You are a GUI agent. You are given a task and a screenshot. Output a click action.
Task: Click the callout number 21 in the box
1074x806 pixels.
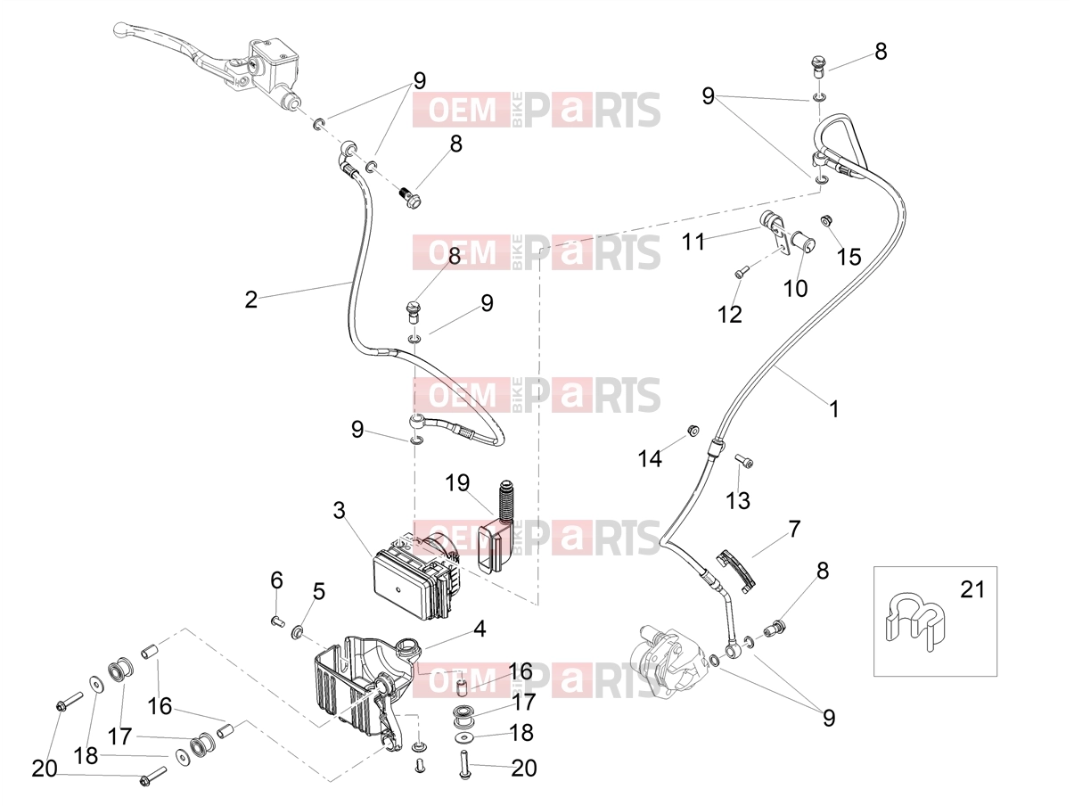(972, 589)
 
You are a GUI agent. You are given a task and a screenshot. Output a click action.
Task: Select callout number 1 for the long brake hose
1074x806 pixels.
(834, 409)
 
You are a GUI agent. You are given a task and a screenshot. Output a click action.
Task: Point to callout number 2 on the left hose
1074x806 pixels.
(250, 300)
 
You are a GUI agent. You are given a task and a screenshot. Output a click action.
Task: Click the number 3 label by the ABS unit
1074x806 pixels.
(339, 511)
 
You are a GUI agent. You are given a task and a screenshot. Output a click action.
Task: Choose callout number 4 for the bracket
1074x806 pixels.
(480, 629)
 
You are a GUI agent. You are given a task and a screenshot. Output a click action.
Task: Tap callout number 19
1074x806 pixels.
(457, 483)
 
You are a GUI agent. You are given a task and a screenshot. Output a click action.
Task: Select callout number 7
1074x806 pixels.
(794, 529)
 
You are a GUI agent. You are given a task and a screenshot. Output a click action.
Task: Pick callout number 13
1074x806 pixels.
(738, 501)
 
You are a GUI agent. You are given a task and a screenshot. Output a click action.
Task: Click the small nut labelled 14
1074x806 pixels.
(693, 432)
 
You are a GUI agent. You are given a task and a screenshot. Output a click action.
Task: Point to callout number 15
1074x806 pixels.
(849, 257)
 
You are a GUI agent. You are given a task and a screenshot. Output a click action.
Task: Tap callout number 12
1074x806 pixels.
(730, 315)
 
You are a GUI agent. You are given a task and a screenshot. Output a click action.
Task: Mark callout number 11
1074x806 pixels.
(693, 242)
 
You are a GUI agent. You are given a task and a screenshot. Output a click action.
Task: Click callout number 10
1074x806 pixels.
(796, 289)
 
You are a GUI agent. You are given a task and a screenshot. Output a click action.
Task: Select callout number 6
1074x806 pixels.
(276, 580)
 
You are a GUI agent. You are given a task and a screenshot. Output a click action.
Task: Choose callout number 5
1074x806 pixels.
(318, 592)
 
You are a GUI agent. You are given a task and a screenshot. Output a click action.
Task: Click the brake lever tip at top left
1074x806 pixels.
(118, 29)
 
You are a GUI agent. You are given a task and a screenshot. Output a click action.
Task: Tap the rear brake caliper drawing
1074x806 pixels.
(668, 659)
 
